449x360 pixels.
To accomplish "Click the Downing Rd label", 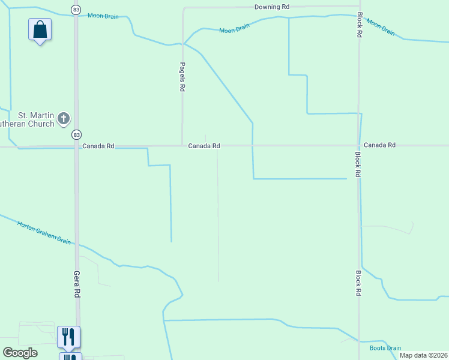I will pyautogui.click(x=272, y=7).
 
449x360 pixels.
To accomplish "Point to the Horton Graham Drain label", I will pyautogui.click(x=44, y=232).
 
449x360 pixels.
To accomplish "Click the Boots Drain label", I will pyautogui.click(x=385, y=348).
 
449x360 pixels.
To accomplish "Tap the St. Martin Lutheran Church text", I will pyautogui.click(x=36, y=119).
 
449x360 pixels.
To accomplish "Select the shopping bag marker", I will pyautogui.click(x=40, y=29).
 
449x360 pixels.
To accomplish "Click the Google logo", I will pyautogui.click(x=20, y=352).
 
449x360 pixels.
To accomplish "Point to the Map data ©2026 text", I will pyautogui.click(x=423, y=355).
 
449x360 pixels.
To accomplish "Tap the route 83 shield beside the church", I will pyautogui.click(x=76, y=134).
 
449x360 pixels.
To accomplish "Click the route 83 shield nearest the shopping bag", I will pyautogui.click(x=76, y=10).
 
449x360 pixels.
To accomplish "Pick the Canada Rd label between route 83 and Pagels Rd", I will pyautogui.click(x=98, y=146).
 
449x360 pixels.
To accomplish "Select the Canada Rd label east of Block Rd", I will pyautogui.click(x=379, y=145).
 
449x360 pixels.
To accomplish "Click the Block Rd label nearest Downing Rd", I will pyautogui.click(x=359, y=25).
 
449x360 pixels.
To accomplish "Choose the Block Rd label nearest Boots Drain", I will pyautogui.click(x=358, y=283).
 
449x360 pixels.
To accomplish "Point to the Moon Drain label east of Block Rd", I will pyautogui.click(x=381, y=27).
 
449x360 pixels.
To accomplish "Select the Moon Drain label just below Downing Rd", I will pyautogui.click(x=234, y=29).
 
